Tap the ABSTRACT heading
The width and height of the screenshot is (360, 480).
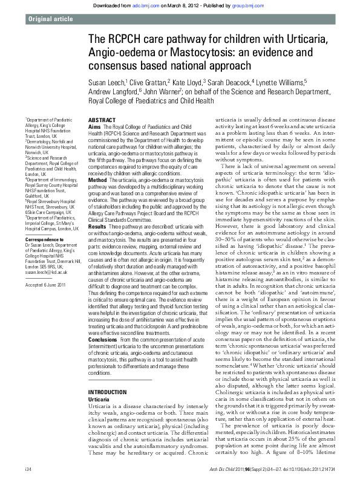[102, 104]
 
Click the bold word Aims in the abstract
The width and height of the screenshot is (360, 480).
[94, 111]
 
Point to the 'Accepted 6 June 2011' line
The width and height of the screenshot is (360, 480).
[47, 284]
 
